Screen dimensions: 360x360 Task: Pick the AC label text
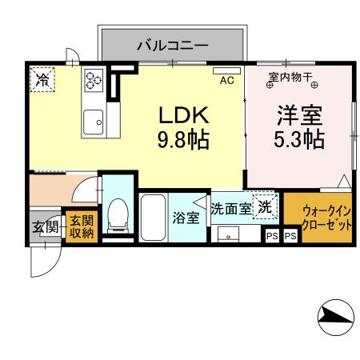(226, 80)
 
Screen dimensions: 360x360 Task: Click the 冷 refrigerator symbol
(42, 79)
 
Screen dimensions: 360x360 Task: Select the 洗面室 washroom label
(231, 208)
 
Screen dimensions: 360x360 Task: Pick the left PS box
(272, 236)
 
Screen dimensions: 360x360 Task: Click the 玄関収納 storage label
(80, 226)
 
